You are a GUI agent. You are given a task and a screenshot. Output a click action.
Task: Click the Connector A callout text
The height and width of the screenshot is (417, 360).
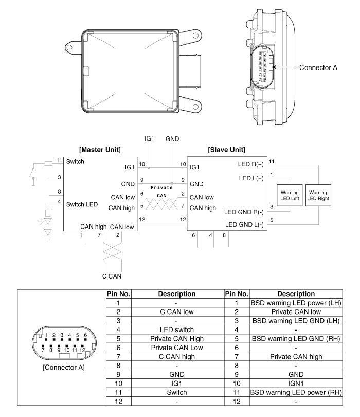click(318, 67)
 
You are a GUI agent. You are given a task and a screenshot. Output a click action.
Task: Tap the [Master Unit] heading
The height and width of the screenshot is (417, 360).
click(100, 150)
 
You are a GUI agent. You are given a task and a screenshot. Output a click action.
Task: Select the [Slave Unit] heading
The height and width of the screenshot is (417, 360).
click(226, 150)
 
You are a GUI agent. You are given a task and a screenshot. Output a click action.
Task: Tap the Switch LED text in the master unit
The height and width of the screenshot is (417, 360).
click(83, 204)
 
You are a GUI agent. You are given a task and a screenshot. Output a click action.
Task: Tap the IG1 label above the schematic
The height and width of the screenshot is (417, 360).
click(149, 140)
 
